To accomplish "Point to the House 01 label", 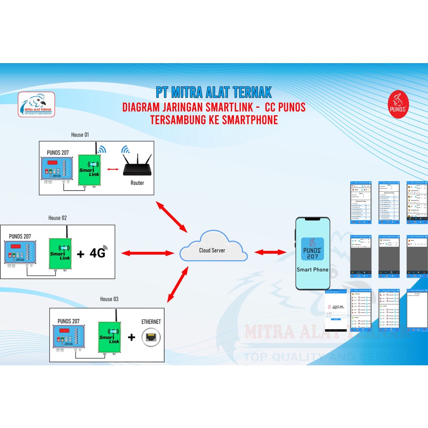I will [80, 135].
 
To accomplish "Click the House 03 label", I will [109, 299].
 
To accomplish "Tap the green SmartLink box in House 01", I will [89, 170].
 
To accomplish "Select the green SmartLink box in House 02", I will [60, 253].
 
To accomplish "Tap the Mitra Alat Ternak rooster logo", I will [36, 104].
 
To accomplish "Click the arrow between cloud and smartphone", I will [270, 252].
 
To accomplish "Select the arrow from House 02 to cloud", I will [147, 253].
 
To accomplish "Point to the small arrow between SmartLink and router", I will [112, 169].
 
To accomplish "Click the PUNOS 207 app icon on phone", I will [312, 249].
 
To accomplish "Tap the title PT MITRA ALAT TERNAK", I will [214, 92].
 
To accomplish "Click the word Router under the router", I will [137, 183].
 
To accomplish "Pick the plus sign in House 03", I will [131, 337].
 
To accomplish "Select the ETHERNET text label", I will [151, 322].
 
